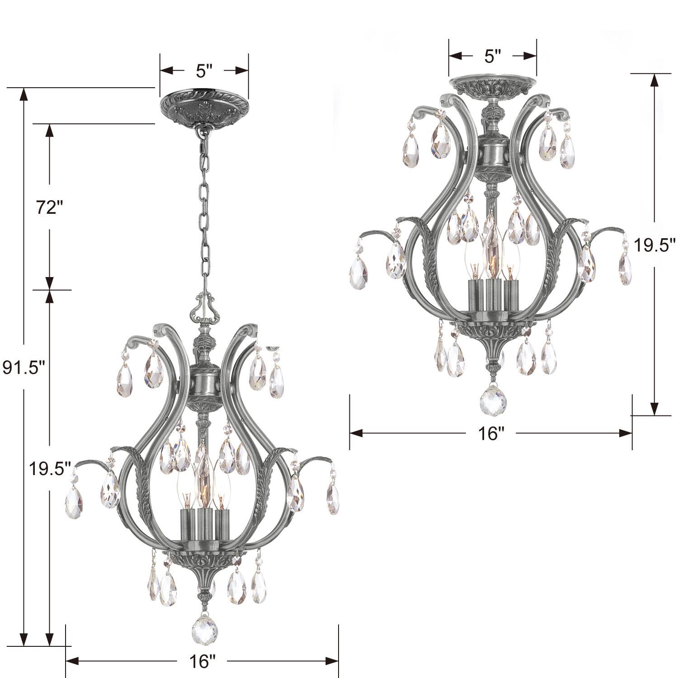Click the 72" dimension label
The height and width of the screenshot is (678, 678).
pyautogui.click(x=49, y=208)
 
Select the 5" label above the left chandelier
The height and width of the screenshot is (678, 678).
pyautogui.click(x=204, y=71)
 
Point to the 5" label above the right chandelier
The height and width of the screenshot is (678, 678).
pyautogui.click(x=493, y=56)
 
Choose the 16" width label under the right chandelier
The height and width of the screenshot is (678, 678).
pyautogui.click(x=491, y=434)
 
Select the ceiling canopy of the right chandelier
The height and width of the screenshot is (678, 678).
pyautogui.click(x=493, y=86)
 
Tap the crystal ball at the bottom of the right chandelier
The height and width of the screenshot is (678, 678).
pyautogui.click(x=492, y=398)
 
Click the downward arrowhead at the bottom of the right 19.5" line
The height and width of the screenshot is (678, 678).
pyautogui.click(x=654, y=409)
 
